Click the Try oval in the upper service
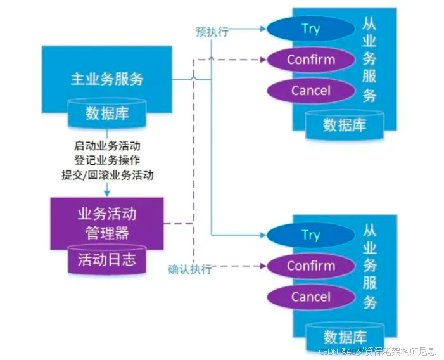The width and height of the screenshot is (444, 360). click(310, 29)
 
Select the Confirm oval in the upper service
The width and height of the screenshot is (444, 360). click(310, 60)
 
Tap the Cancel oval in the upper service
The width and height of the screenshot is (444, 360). click(310, 91)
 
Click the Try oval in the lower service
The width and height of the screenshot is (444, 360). click(310, 235)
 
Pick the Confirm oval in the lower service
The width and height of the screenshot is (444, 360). click(310, 266)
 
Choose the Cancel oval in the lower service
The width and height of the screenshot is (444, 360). click(310, 297)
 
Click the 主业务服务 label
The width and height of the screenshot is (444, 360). click(106, 79)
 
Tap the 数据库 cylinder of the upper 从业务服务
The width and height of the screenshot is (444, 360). click(344, 124)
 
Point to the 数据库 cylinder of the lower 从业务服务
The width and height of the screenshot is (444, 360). click(344, 336)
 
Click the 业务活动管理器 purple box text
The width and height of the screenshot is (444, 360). click(106, 222)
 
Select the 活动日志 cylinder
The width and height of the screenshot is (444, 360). click(106, 259)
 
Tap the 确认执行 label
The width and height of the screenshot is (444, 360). click(189, 269)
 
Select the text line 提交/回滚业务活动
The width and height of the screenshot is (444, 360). click(107, 175)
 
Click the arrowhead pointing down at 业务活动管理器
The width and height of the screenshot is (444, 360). click(108, 193)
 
